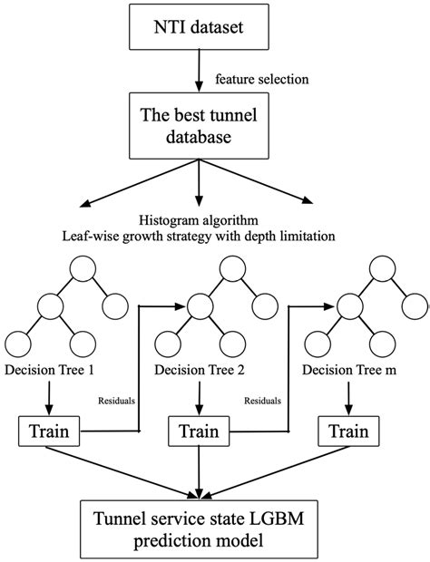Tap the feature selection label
coord(260,80)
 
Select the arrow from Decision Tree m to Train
coord(349,397)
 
